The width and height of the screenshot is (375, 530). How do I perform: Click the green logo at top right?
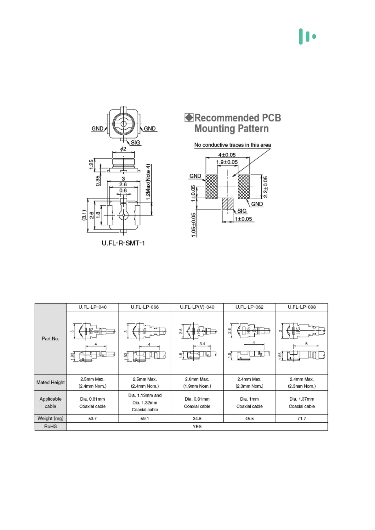[x=307, y=37]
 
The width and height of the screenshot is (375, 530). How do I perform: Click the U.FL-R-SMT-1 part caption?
[x=123, y=243]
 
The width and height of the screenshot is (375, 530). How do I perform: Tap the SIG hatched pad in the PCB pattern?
[x=228, y=204]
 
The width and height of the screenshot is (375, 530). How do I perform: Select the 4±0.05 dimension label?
[x=227, y=155]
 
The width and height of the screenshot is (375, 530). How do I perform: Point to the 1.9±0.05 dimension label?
[x=227, y=162]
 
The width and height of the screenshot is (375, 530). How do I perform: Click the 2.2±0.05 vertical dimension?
[x=265, y=187]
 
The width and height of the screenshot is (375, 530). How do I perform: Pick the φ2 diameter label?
[x=123, y=149]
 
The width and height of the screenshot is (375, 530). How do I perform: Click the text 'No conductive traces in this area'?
[x=232, y=145]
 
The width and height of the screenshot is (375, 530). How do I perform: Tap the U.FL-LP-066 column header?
[x=145, y=307]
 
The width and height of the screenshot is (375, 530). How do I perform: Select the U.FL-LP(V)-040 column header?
[x=197, y=307]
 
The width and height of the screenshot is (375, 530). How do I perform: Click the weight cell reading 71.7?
[x=302, y=418]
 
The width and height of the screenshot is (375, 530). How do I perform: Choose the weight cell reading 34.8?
[x=197, y=418]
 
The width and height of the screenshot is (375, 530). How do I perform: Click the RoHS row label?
[x=50, y=426]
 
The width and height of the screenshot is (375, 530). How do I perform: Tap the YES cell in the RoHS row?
[x=197, y=426]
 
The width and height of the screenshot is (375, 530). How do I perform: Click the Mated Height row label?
[x=50, y=382]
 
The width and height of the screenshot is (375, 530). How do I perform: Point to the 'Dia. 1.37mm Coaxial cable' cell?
[x=302, y=403]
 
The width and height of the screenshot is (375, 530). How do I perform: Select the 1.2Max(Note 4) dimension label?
[x=148, y=182]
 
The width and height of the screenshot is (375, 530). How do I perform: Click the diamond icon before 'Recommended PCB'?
[x=189, y=118]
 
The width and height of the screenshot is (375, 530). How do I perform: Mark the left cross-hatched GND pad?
[x=212, y=187]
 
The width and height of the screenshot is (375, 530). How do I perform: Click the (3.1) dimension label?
[x=84, y=215]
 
